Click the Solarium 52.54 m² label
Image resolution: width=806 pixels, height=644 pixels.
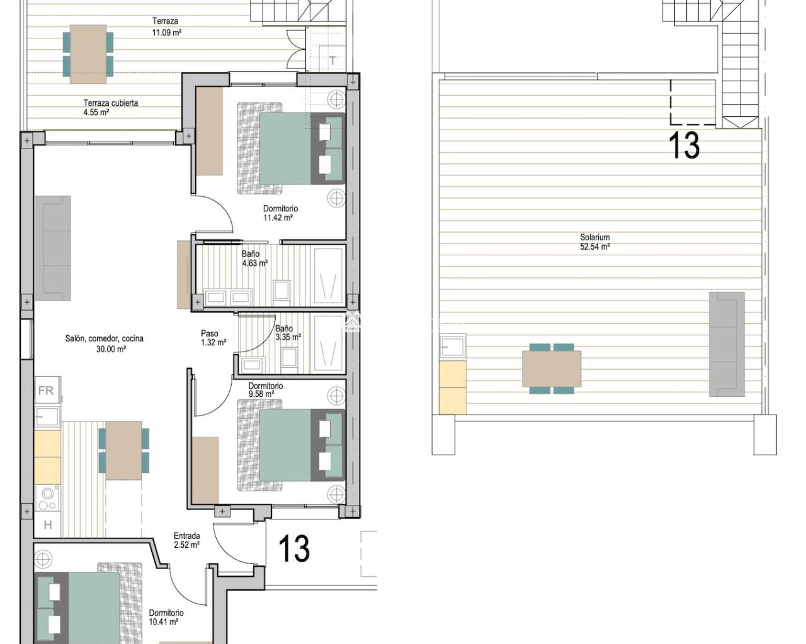[x=594, y=242]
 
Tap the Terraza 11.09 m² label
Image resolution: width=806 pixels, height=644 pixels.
[x=166, y=26]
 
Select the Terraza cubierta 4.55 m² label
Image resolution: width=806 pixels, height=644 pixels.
[x=110, y=108]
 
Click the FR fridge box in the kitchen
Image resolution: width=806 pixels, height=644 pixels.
[x=46, y=391]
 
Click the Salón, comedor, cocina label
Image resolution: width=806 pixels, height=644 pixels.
[x=105, y=343]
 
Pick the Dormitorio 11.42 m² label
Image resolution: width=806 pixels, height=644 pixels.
[x=280, y=213]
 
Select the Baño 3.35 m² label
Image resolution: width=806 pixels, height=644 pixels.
[x=287, y=333]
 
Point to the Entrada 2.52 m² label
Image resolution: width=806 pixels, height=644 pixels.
[x=186, y=541]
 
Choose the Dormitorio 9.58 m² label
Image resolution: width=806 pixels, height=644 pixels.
[x=265, y=390]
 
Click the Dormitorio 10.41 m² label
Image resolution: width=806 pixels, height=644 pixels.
[x=166, y=617]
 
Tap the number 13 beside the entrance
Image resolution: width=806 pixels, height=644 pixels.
[x=294, y=548]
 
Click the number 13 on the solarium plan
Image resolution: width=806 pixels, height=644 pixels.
[x=683, y=145]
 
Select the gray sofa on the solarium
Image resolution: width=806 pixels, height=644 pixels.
[x=727, y=344]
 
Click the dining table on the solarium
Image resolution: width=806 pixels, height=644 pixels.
[x=552, y=369]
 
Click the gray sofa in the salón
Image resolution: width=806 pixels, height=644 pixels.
[x=53, y=247]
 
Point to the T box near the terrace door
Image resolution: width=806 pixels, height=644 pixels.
[x=332, y=61]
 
